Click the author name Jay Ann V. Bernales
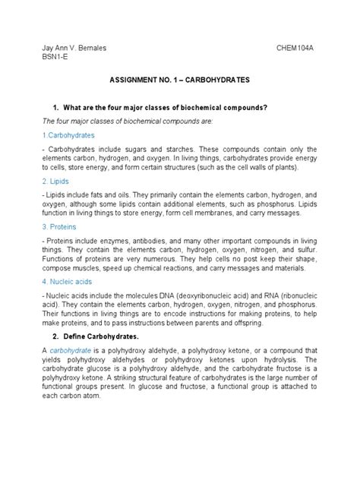pos(74,47)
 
